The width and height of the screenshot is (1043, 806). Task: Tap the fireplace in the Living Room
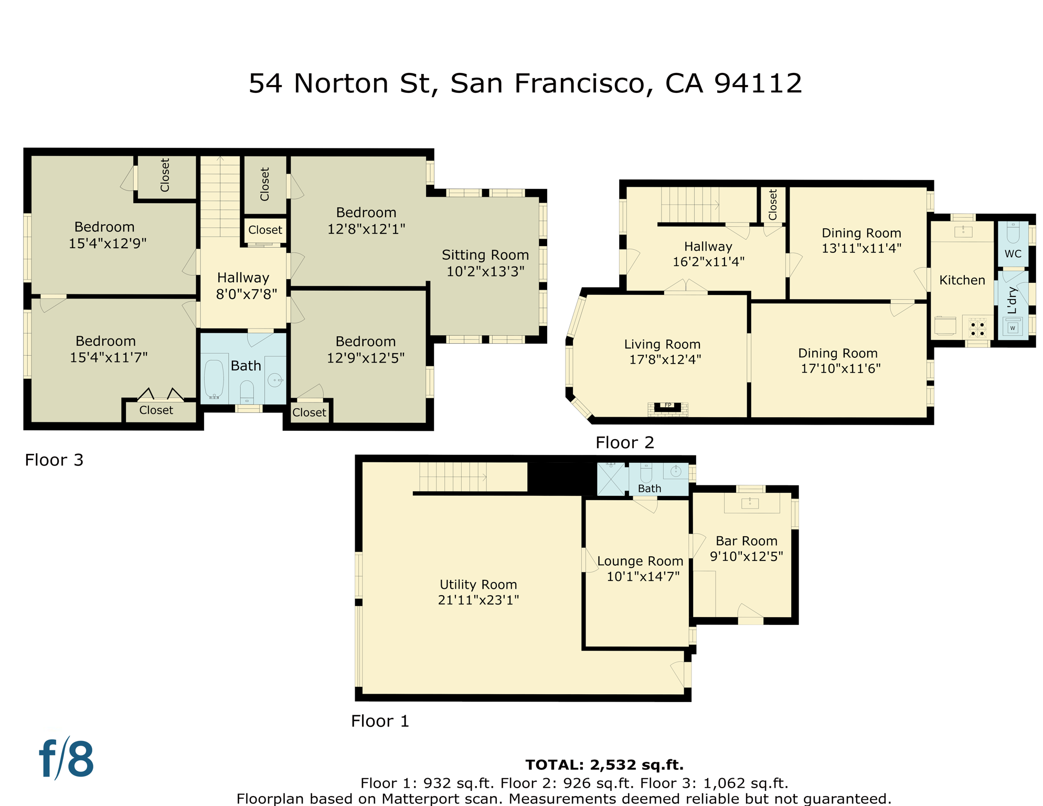pos(667,407)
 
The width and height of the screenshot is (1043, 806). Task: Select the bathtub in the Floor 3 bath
pos(214,378)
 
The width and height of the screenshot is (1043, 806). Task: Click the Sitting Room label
pos(485,255)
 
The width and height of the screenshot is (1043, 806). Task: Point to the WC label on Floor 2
pos(1013,254)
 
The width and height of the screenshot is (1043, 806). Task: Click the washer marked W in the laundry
pos(1013,328)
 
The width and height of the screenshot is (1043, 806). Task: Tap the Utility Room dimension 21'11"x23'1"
pos(478,600)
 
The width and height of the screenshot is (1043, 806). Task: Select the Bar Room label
pos(747,541)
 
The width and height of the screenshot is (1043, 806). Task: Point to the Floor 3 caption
pos(54,460)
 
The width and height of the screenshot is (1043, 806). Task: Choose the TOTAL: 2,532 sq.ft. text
pos(604,765)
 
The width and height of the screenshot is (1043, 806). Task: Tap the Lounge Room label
pos(640,561)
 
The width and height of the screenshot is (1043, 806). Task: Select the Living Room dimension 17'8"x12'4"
pos(665,359)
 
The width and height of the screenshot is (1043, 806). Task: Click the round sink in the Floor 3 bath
pos(274,380)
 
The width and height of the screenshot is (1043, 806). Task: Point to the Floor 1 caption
pos(380,721)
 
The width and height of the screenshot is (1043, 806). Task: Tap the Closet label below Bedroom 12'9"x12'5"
pos(309,412)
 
